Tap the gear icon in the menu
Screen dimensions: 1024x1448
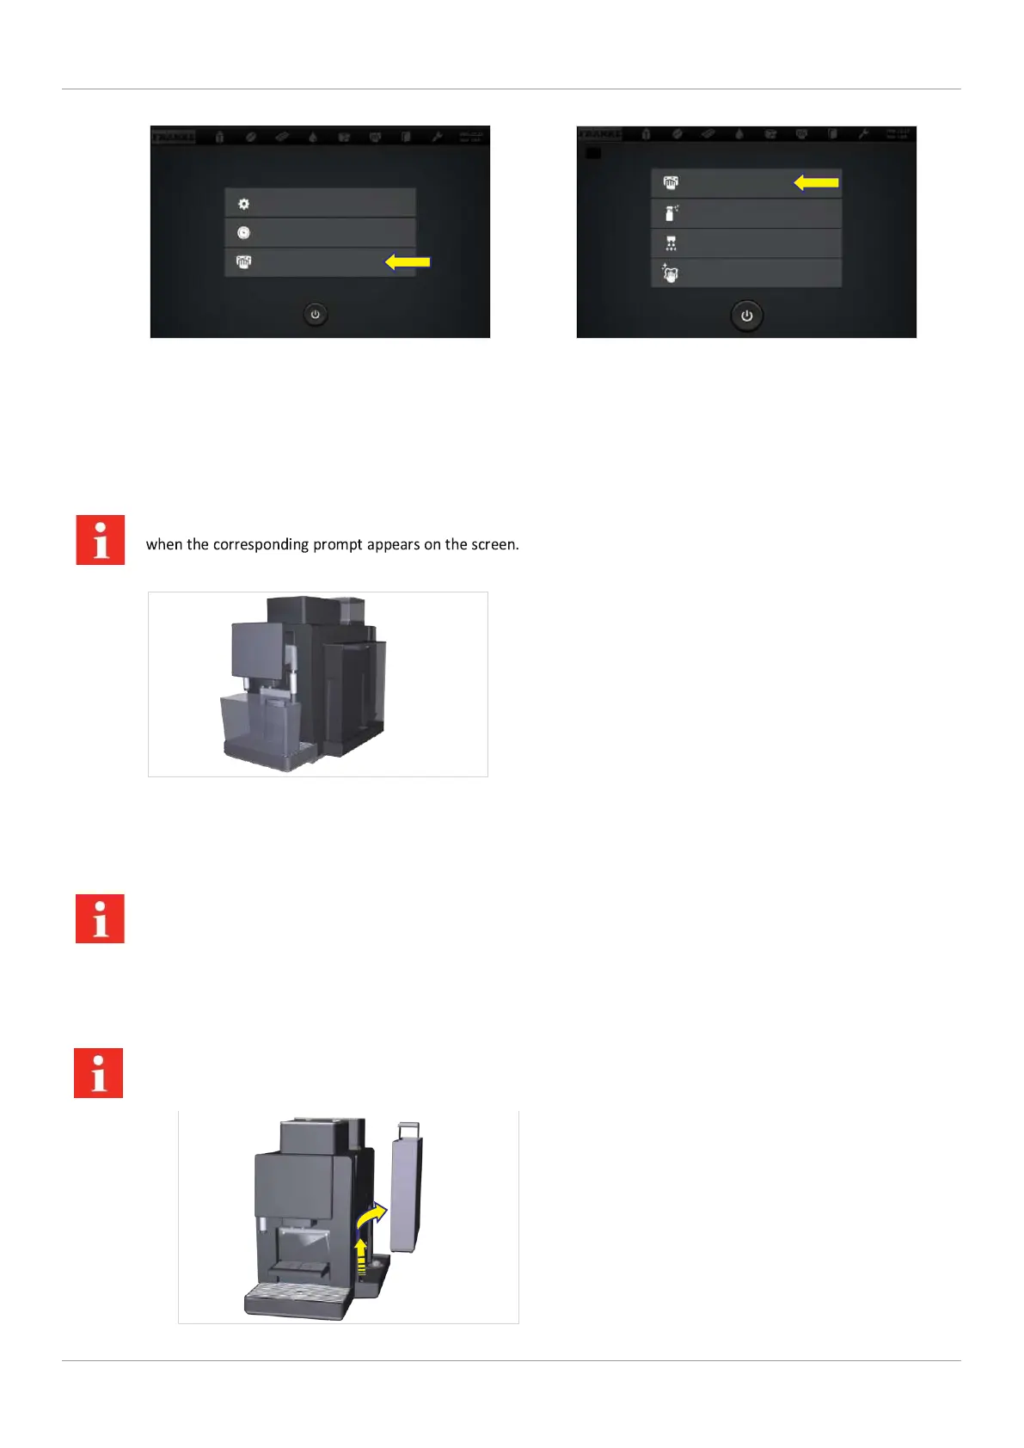(x=243, y=204)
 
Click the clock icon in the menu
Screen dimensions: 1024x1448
(x=243, y=233)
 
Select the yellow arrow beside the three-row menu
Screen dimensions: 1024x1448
(x=408, y=261)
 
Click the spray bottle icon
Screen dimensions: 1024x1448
(x=671, y=212)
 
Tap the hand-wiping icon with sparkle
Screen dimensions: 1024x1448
(x=671, y=273)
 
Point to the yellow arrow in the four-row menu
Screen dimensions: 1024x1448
(x=816, y=182)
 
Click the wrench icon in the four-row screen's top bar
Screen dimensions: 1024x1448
(x=862, y=135)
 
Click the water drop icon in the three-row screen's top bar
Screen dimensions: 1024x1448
(x=313, y=137)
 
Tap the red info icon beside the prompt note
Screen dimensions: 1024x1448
(x=101, y=540)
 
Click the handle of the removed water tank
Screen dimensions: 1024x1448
(x=408, y=1128)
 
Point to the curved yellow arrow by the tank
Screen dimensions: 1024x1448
(x=371, y=1217)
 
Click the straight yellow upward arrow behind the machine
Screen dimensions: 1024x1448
(x=361, y=1255)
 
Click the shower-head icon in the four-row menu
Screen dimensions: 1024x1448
(x=671, y=244)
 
